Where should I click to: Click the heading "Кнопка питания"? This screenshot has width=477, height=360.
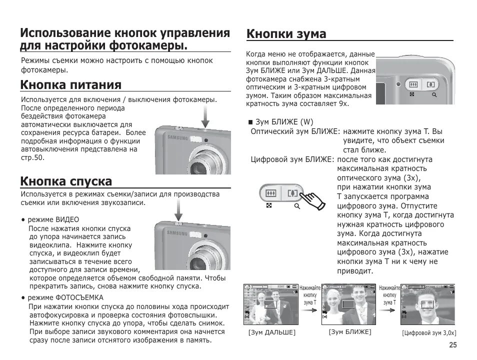(70, 84)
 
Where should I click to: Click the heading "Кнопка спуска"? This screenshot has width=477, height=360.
(66, 180)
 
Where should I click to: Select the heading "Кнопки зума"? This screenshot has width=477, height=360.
(286, 33)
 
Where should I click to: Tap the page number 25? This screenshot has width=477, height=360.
(452, 345)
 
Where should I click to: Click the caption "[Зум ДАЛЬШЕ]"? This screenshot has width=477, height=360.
(271, 332)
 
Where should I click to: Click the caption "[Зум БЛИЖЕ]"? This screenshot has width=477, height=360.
(350, 331)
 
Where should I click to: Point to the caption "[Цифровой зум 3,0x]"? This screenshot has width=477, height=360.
(429, 333)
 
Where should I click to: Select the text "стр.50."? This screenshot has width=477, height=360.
(32, 158)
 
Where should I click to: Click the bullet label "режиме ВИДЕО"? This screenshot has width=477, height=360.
(53, 219)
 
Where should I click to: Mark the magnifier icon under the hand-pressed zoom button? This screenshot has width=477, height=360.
(297, 206)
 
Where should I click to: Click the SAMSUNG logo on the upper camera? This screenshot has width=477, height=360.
(177, 137)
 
